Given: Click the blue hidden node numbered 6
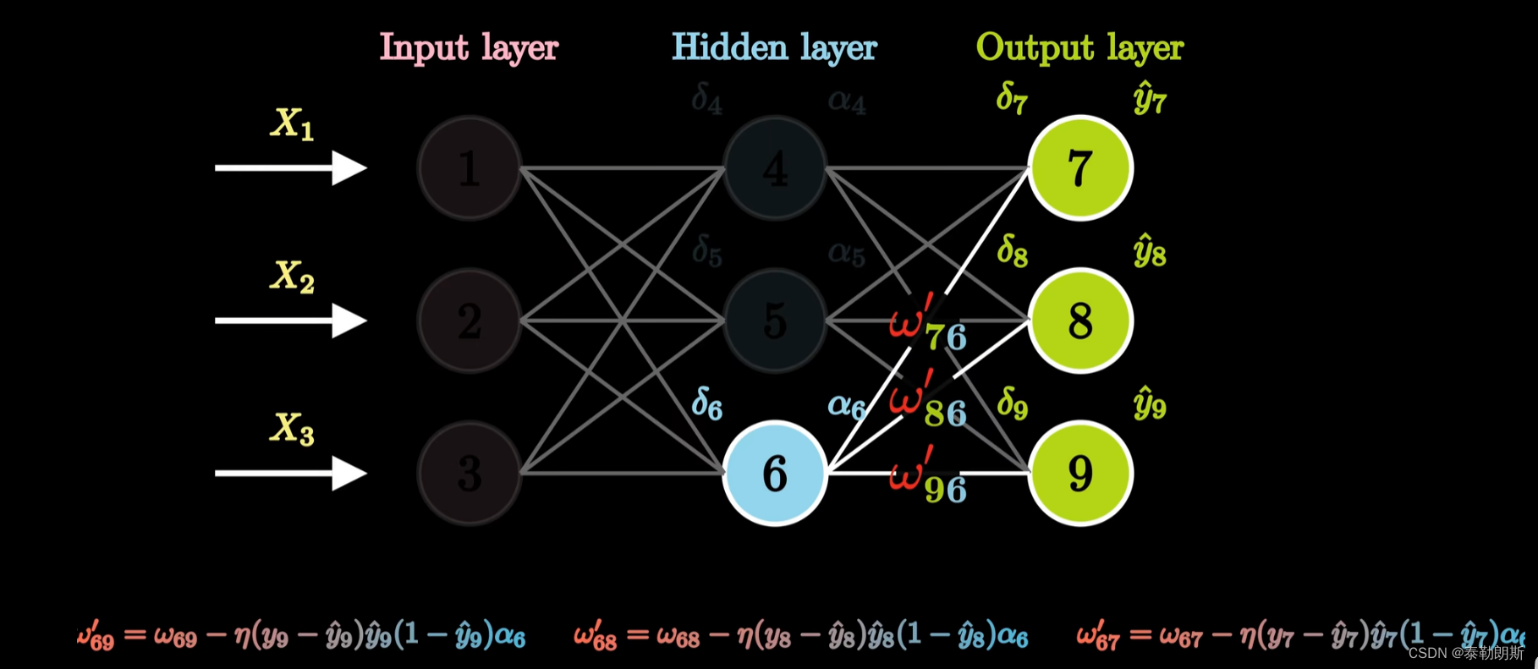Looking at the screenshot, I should (775, 473).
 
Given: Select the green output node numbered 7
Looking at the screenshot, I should (1080, 167).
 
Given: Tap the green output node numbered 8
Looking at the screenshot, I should (1080, 321).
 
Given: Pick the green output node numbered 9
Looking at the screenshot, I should (1080, 473).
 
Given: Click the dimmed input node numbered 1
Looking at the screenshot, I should (470, 167).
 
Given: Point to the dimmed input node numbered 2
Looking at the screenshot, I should (470, 321).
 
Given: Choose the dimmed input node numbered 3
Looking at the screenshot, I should (470, 473).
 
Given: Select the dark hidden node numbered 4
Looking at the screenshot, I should (775, 167).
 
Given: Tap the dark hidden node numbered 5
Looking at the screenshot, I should (775, 321).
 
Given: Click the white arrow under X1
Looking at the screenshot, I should (290, 167).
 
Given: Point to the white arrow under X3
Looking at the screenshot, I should (290, 473).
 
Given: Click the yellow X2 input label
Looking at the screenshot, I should (292, 277).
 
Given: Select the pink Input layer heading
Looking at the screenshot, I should (469, 47).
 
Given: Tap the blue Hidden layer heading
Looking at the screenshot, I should (774, 47).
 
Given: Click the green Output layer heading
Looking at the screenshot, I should (1079, 47).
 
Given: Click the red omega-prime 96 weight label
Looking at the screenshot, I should (927, 480).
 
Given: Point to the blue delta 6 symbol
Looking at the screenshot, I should (707, 403).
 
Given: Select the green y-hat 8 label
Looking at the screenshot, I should (1150, 251).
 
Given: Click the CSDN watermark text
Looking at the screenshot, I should (1465, 653).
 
